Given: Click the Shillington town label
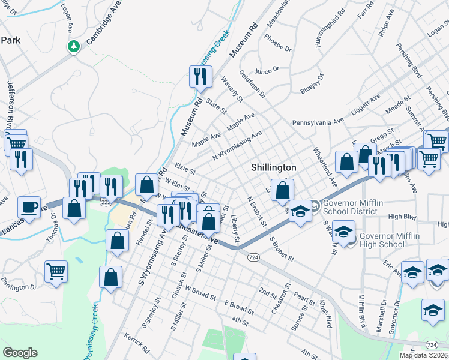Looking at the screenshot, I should (x=273, y=167).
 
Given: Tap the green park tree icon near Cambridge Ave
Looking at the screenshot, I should (x=74, y=46).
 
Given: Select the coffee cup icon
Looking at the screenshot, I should (x=29, y=208).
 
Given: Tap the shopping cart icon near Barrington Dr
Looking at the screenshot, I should (x=56, y=271).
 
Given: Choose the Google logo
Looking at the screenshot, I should (x=20, y=353).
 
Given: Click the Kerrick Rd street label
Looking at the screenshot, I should (x=137, y=343).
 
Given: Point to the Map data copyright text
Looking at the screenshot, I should (x=423, y=355).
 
